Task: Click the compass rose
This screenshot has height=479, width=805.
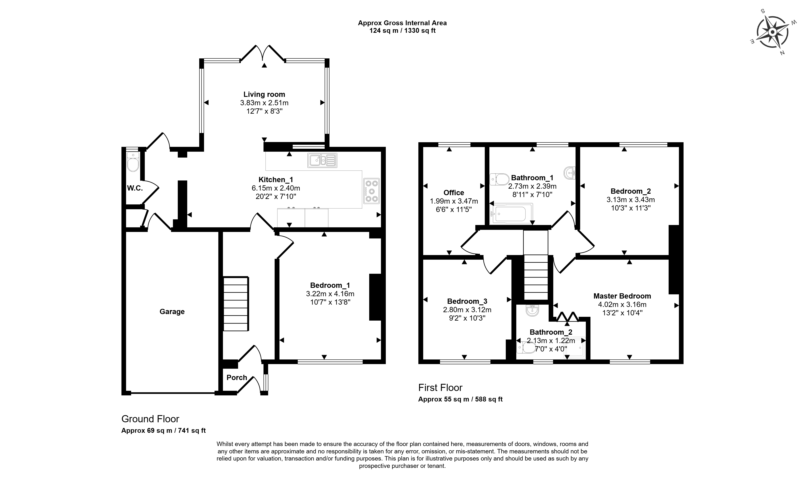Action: coord(772,33)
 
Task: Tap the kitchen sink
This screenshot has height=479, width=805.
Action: coord(322,160)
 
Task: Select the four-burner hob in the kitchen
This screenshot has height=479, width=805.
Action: coord(372,191)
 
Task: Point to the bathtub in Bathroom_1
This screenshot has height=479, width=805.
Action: coord(511,214)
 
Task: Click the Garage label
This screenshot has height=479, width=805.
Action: coord(172,312)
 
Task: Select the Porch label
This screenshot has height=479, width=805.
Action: coord(237,377)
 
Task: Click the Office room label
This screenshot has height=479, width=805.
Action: coord(454,193)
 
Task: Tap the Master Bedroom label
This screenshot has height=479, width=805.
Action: coord(622,296)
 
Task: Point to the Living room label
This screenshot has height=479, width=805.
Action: coord(264,94)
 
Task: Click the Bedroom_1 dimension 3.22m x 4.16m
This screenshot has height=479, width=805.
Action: coord(330,294)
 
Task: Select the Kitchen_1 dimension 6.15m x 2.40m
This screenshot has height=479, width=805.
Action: coord(276,188)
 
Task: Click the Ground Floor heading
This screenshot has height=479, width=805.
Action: coord(150,419)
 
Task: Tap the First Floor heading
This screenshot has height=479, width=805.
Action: coord(440,388)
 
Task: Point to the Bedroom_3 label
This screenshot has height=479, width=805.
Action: coord(467,301)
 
